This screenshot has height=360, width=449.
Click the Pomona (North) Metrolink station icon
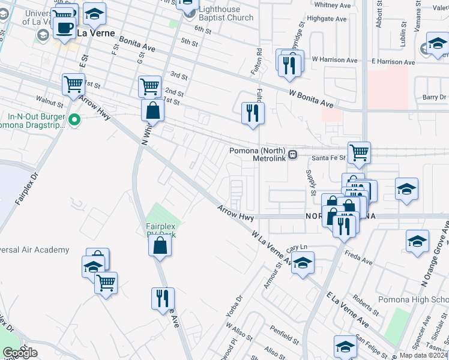(293, 155)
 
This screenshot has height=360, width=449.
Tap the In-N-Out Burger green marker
(74, 121)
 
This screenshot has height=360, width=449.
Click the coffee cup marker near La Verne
(64, 28)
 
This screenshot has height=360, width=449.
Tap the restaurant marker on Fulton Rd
(253, 112)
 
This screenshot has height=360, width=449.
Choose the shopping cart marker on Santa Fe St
(359, 152)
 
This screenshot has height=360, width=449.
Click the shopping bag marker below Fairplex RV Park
(160, 245)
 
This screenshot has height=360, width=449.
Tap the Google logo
(20, 353)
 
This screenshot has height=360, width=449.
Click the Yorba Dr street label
(234, 307)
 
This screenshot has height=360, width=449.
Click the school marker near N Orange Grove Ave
(417, 241)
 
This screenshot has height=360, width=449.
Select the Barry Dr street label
(434, 97)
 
